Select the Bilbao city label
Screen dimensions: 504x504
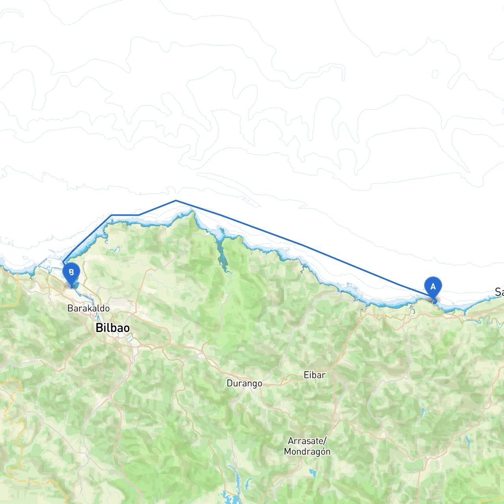[113, 328]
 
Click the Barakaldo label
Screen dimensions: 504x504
[89, 308]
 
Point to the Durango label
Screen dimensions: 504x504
[244, 383]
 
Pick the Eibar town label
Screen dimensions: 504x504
[315, 375]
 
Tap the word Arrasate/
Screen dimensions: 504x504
[307, 441]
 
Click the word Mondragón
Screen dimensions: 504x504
[307, 452]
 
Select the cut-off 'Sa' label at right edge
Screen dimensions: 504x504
[499, 292]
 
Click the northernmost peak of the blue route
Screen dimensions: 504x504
[176, 201]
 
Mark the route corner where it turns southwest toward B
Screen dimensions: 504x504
[112, 215]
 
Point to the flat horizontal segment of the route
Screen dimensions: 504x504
[125, 215]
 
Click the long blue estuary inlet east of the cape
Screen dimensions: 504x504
[221, 256]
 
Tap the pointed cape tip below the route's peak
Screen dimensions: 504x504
[192, 212]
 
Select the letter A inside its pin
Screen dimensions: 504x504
[433, 287]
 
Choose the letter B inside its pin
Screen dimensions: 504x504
[71, 272]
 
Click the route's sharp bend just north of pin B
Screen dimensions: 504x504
[63, 263]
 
